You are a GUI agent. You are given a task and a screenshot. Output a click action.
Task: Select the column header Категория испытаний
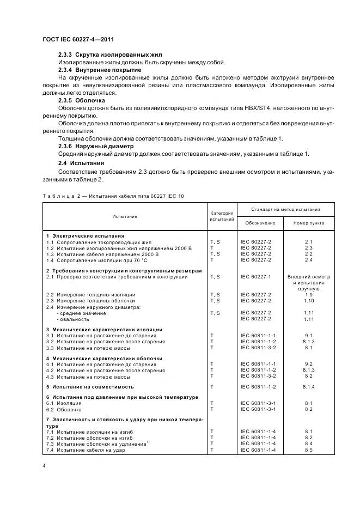[x=221, y=216]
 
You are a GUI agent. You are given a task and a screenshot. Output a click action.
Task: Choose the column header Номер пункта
[x=308, y=223]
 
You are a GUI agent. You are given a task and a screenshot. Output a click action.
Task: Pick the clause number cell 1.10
[x=308, y=301]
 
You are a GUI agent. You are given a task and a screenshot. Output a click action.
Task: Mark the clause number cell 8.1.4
[x=308, y=386]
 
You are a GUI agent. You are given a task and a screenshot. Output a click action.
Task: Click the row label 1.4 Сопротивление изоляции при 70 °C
[x=98, y=260]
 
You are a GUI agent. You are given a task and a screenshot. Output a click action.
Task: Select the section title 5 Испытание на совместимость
[x=90, y=386]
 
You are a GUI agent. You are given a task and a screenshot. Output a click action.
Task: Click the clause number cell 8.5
[x=308, y=450]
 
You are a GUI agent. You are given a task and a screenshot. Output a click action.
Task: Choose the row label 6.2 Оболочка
[x=64, y=409]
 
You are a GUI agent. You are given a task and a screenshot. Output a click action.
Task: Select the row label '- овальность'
[x=74, y=319]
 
